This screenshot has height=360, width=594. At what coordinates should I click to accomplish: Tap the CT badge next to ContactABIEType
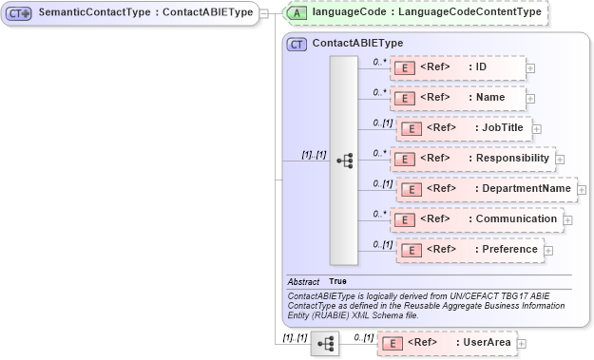297,44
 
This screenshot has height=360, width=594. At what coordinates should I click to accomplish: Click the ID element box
456,68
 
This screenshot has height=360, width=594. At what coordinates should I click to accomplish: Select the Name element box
456,98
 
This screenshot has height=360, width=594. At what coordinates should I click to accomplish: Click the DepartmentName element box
486,189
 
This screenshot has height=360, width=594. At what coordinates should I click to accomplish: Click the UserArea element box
446,342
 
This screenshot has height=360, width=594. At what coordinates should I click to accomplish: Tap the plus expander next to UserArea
521,343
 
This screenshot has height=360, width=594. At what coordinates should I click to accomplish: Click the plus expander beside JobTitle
537,129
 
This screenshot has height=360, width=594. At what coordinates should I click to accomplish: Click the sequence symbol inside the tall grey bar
344,161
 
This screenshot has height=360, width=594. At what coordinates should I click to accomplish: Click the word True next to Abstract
337,282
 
